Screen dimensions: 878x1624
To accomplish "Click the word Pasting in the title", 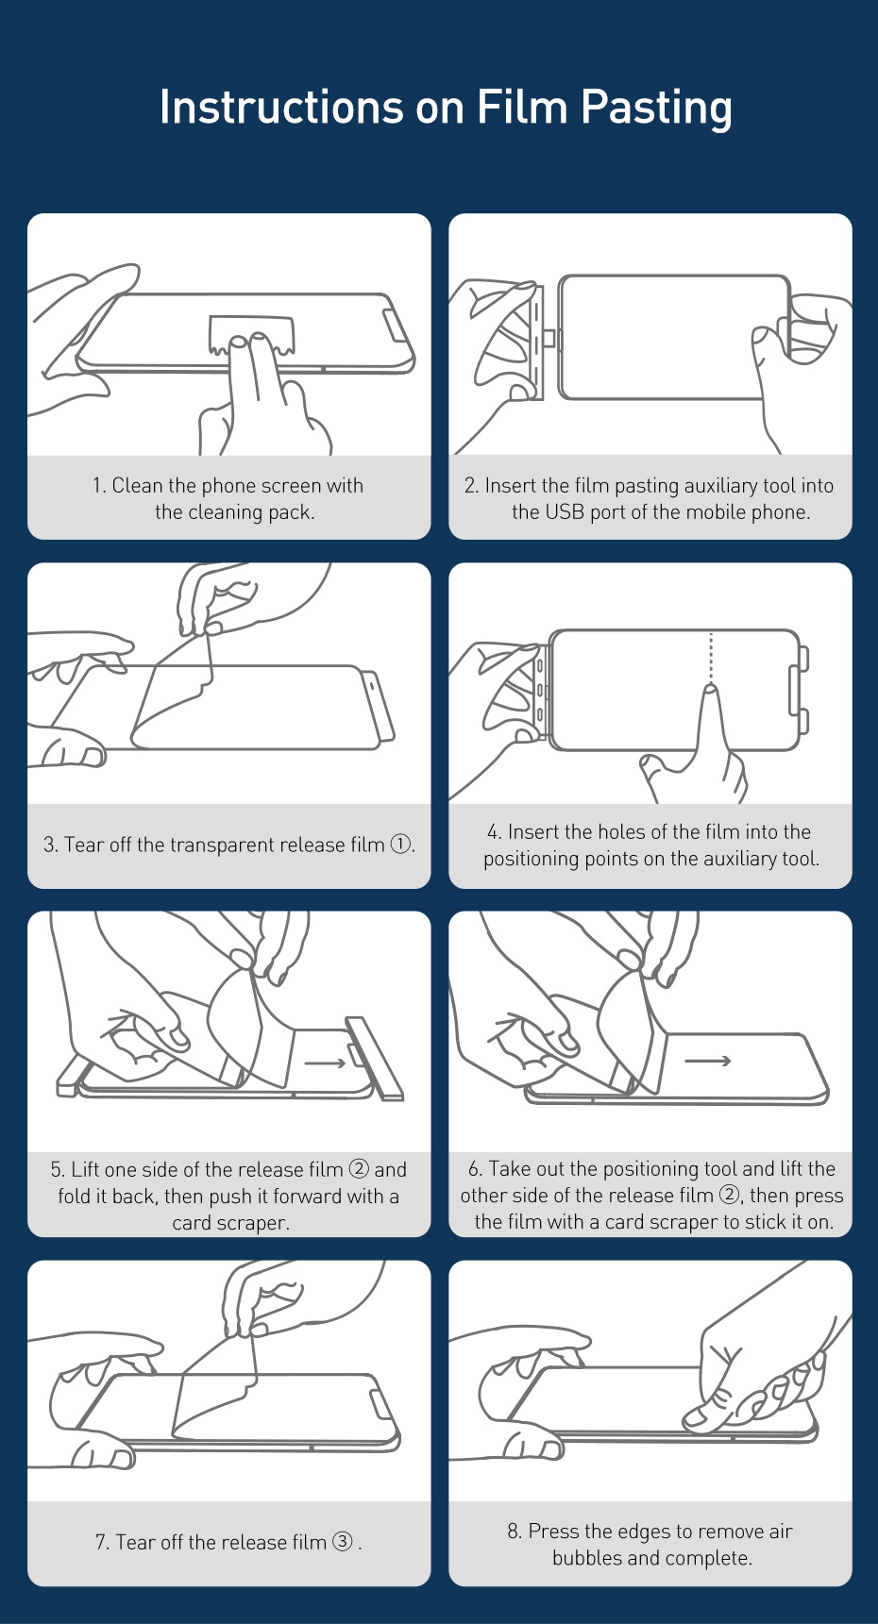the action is point(656,108).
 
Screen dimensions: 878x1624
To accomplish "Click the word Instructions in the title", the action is point(281,106).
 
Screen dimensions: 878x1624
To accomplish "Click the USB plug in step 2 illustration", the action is point(553,339).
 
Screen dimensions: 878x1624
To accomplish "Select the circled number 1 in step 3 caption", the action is point(401,844).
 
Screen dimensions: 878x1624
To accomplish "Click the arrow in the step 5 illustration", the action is point(327,1063).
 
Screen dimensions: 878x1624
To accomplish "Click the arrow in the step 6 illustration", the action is point(708,1061).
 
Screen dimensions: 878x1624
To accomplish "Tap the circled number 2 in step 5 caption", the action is point(359,1168).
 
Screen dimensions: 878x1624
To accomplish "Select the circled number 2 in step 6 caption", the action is point(729,1195).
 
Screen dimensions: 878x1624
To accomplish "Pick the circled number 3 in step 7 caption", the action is point(343,1541).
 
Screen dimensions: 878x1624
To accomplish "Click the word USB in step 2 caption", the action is point(566,511).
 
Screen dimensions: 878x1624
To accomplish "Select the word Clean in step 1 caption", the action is point(137,485).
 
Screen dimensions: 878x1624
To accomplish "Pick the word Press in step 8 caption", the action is point(556,1531).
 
